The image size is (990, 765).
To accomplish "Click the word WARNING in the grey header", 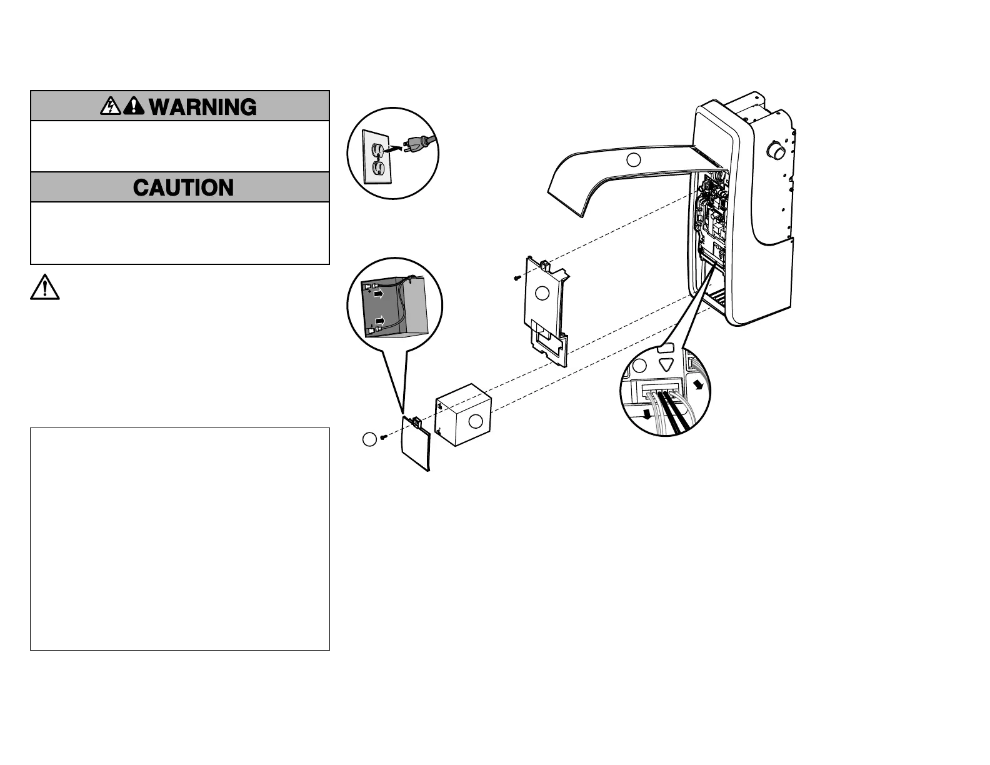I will click(x=203, y=107).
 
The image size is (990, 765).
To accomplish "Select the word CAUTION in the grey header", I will click(x=183, y=187).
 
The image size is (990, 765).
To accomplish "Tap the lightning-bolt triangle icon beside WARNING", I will click(x=110, y=106).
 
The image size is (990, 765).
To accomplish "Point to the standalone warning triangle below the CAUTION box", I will click(x=44, y=287).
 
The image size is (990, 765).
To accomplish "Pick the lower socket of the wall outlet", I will click(x=378, y=167).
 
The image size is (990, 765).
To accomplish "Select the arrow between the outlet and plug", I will click(x=393, y=149).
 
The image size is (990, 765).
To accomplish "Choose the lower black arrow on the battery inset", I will click(x=379, y=321).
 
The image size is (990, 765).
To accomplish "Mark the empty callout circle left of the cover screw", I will click(x=369, y=439).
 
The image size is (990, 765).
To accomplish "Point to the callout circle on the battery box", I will click(x=476, y=421).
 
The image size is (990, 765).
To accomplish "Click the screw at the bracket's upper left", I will click(x=516, y=276).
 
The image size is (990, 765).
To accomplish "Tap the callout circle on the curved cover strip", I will click(x=634, y=159).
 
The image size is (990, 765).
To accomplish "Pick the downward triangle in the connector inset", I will click(x=666, y=365).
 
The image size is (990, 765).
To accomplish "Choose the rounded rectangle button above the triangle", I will click(x=667, y=346).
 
